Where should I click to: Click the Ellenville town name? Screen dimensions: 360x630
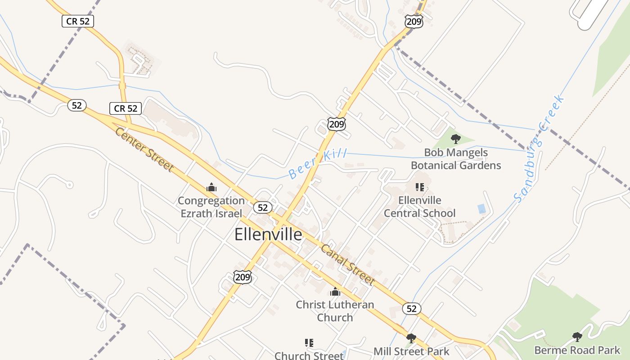(x=268, y=235)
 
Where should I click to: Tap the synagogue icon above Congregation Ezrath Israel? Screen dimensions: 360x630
(x=211, y=188)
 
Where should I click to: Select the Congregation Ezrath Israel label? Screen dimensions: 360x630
(x=211, y=207)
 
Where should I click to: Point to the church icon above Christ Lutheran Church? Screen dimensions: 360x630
(x=335, y=292)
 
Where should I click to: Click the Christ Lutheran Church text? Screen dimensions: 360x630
(x=335, y=311)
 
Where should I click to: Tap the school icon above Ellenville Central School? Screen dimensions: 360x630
(x=420, y=187)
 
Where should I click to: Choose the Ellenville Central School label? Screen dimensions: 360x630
(x=420, y=207)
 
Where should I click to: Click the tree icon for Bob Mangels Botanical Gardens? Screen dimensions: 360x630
(x=455, y=139)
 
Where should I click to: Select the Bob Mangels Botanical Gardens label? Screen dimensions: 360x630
(x=455, y=159)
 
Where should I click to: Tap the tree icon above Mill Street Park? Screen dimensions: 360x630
(x=411, y=338)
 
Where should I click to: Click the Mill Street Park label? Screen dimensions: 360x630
(x=411, y=351)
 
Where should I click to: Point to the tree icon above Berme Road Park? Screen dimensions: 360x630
(x=577, y=337)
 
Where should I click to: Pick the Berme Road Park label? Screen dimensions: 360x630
(x=577, y=350)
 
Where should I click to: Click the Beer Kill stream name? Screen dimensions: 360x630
(x=317, y=163)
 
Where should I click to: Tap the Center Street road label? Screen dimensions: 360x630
(x=144, y=149)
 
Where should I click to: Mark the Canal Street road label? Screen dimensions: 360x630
(x=347, y=265)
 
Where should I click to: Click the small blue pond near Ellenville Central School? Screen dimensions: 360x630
(x=481, y=209)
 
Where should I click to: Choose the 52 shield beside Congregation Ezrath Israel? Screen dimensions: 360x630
(x=263, y=207)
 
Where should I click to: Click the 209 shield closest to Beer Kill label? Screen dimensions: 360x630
(x=337, y=124)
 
